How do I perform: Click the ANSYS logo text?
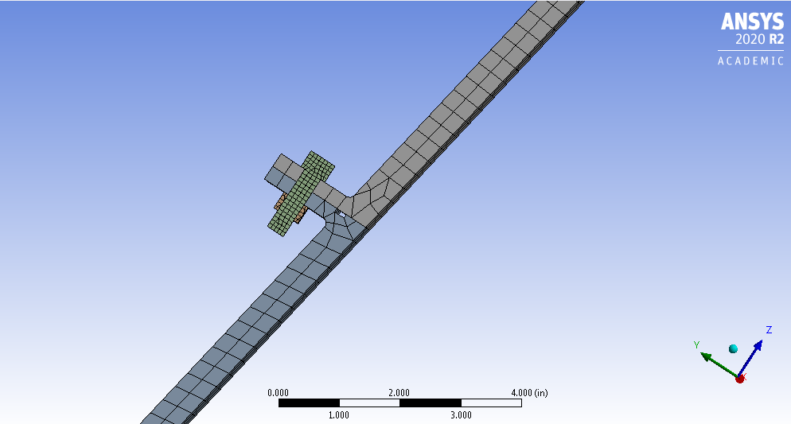(x=752, y=21)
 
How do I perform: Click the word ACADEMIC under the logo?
(x=750, y=61)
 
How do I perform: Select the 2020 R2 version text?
(x=759, y=39)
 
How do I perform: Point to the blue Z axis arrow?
(x=750, y=359)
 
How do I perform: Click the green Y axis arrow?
(x=720, y=365)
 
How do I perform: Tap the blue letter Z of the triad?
(x=769, y=329)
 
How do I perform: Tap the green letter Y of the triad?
(x=696, y=344)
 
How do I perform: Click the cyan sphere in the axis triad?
(x=733, y=349)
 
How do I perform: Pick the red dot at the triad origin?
(x=740, y=379)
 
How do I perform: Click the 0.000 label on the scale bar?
(x=278, y=393)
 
